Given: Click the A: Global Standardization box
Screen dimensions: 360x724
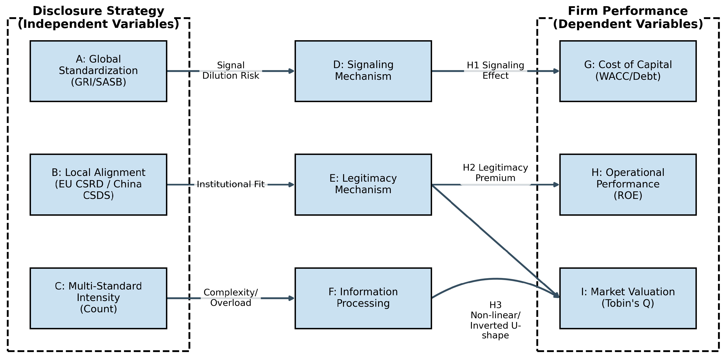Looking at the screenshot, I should click(98, 71).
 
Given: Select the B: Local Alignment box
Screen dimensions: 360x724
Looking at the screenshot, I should click(98, 184).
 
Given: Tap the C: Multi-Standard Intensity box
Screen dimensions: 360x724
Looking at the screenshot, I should click(98, 298).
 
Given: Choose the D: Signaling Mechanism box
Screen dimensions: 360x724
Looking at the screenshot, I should click(363, 71).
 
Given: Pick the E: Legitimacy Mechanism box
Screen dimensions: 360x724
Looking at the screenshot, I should click(363, 184).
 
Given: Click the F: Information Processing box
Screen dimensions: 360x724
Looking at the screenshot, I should click(363, 298).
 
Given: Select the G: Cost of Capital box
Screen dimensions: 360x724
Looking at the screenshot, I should click(628, 71).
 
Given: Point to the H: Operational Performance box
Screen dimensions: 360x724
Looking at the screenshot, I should click(628, 184).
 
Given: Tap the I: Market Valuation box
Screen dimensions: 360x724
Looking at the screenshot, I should click(628, 298).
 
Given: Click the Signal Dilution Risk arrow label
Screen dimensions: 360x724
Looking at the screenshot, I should click(231, 70).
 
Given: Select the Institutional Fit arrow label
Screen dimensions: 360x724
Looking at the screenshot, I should click(231, 184).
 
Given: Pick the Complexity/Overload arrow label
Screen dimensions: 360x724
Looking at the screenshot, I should click(231, 298).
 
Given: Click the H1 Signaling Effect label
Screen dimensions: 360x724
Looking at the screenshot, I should click(495, 70).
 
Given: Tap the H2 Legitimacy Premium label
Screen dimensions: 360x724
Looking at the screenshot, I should click(495, 173).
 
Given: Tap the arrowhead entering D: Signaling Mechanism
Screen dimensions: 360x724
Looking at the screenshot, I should click(292, 71).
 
